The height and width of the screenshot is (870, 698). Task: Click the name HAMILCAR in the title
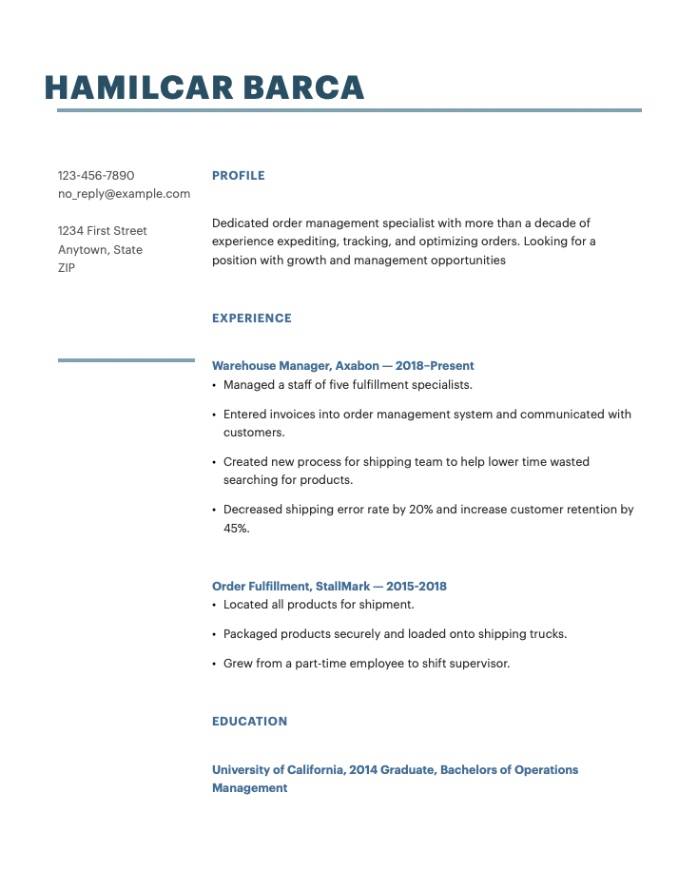139,87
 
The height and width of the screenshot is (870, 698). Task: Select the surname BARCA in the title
304,87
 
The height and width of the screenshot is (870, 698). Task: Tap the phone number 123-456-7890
96,176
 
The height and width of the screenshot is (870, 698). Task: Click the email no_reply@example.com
124,194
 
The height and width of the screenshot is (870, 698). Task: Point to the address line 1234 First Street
103,231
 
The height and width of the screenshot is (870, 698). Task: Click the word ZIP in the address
67,268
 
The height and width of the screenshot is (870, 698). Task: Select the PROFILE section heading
239,176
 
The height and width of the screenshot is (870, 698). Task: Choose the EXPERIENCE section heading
252,319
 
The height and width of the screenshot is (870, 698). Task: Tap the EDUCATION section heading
249,722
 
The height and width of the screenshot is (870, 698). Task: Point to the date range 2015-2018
417,587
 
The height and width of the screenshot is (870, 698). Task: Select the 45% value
236,529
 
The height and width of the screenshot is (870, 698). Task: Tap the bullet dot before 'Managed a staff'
214,386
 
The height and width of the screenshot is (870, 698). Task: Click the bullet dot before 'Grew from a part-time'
214,665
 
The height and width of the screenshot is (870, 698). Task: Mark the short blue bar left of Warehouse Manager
126,360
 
